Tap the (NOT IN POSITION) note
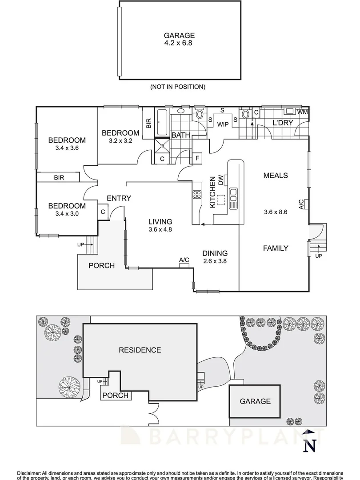pos(178,87)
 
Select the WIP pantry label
pos(223,124)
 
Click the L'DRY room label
pos(283,123)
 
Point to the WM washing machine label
pos(302,112)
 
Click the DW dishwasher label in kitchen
pos(220,180)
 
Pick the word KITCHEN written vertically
pos(212,192)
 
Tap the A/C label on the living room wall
pos(184,260)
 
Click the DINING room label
pos(215,253)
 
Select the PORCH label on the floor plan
pos(101,266)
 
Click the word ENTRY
pos(119,198)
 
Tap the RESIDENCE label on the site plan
pos(140,350)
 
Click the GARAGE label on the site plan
pos(255,401)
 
